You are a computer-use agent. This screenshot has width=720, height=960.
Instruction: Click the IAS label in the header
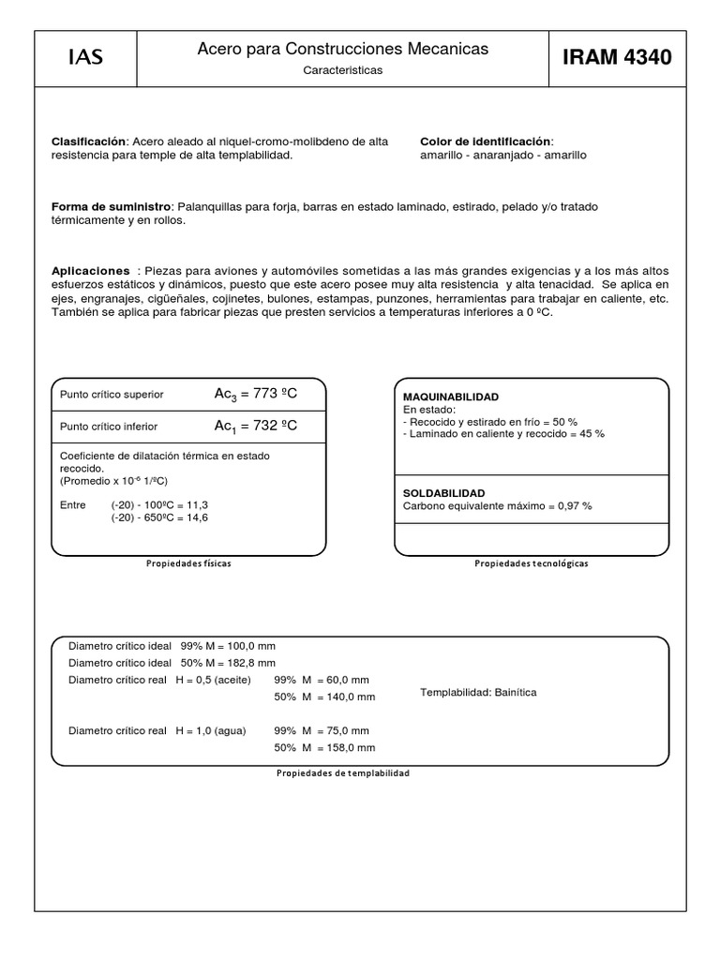point(85,58)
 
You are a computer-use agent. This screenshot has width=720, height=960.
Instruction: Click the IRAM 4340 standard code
point(617,58)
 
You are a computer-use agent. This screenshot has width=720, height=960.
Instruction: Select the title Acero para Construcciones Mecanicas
point(342,49)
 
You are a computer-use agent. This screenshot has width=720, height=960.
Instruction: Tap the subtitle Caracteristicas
point(342,70)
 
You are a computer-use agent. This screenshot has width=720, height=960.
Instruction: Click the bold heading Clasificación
point(87,141)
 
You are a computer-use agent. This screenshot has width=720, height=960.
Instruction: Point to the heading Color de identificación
point(486,141)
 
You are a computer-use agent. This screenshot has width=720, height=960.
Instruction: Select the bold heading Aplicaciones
point(90,270)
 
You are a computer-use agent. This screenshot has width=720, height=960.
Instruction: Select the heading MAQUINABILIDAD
point(450,397)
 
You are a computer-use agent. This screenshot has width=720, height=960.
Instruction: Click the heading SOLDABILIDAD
point(443,492)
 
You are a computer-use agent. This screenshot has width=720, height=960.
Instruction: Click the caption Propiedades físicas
point(188,563)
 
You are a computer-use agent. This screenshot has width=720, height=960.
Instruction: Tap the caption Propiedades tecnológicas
point(532,563)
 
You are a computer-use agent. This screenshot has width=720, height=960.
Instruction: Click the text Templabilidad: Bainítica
point(478,692)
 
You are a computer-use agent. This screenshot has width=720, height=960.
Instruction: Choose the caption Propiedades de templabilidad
point(342,773)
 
